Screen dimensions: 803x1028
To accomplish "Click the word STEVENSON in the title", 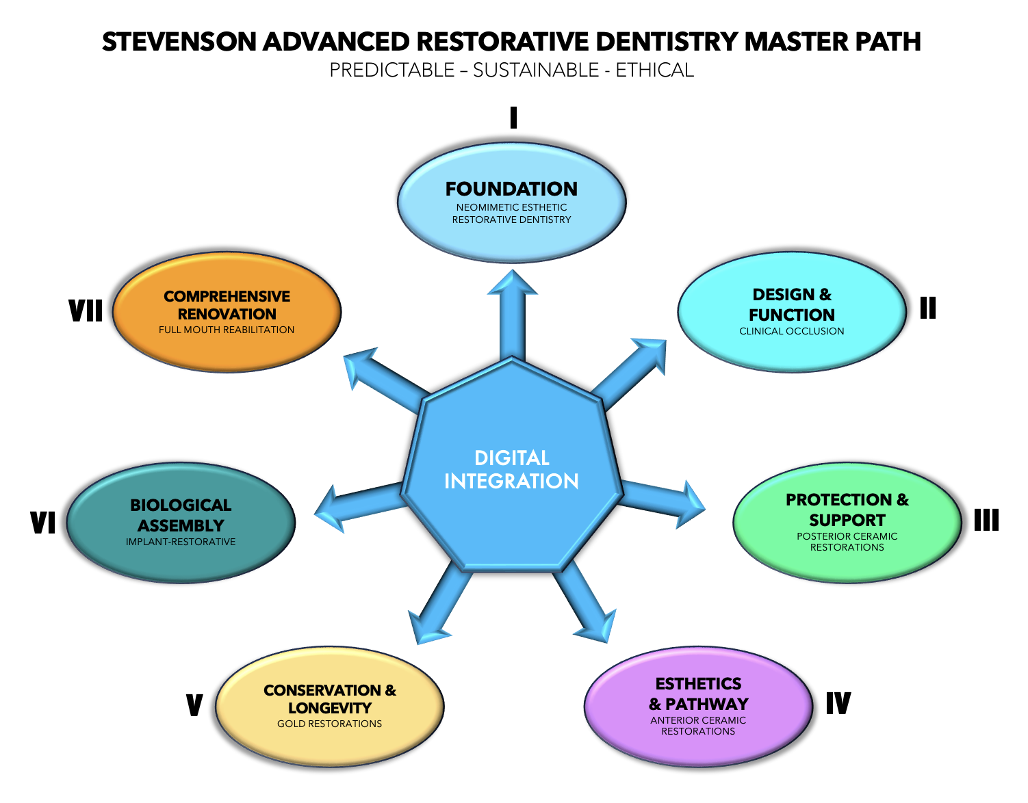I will (x=179, y=42).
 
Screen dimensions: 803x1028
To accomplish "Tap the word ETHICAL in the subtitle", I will (x=654, y=70).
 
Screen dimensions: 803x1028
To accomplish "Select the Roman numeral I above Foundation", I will (x=513, y=118).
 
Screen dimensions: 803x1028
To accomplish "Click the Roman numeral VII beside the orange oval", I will (x=86, y=311).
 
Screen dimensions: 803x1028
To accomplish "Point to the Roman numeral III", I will (x=986, y=521).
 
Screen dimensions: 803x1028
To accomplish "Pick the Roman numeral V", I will (x=194, y=705).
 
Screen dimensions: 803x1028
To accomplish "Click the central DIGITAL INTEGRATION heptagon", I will (x=511, y=469).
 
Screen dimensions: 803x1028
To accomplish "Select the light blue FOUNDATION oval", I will (x=511, y=202).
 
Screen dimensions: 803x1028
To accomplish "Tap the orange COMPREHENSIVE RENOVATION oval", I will (x=227, y=313).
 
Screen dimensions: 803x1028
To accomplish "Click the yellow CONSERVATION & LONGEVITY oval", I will (x=329, y=707).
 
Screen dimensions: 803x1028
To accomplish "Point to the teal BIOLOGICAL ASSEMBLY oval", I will (x=181, y=523).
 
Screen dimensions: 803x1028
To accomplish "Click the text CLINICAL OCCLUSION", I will (x=791, y=331).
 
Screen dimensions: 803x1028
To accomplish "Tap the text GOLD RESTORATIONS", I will (x=329, y=724).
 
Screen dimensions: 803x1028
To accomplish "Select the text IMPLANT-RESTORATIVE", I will (x=181, y=542).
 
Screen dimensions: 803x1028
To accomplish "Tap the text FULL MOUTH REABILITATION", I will (x=227, y=330).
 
